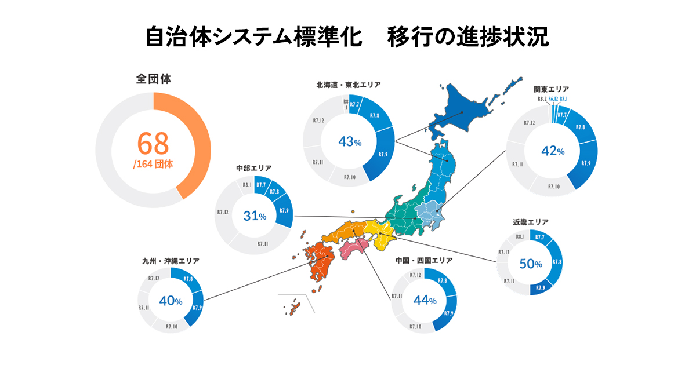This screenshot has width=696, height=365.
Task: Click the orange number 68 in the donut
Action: [153, 143]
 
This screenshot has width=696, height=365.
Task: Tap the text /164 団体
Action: [153, 164]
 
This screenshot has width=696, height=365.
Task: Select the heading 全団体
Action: [153, 78]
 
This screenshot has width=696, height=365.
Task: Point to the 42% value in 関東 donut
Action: [552, 151]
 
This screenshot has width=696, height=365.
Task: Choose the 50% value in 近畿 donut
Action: [530, 264]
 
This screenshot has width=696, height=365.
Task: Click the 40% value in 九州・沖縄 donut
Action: [171, 301]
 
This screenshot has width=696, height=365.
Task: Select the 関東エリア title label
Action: [551, 89]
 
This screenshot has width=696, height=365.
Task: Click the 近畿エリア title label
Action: [530, 221]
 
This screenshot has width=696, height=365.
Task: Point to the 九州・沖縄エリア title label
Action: [171, 261]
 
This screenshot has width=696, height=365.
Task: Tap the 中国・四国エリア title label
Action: [424, 260]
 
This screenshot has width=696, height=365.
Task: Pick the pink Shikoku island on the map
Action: [354, 250]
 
